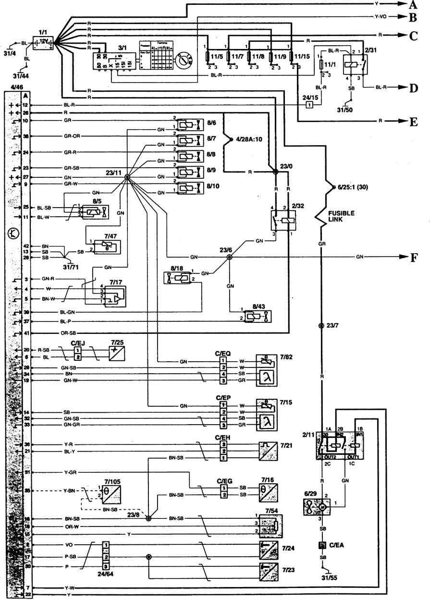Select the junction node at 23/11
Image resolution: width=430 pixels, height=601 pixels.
pos(127,177)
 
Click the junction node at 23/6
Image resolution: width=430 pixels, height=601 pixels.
pos(229,258)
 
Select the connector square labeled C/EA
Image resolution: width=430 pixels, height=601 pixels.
pos(321,545)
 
